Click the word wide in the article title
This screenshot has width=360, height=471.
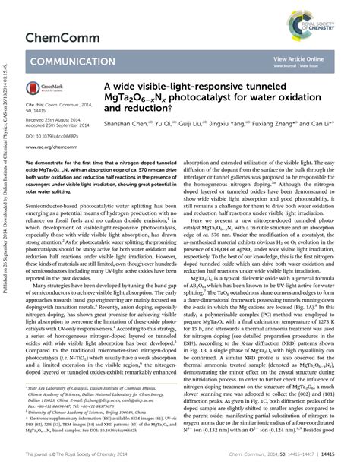click(134, 87)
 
